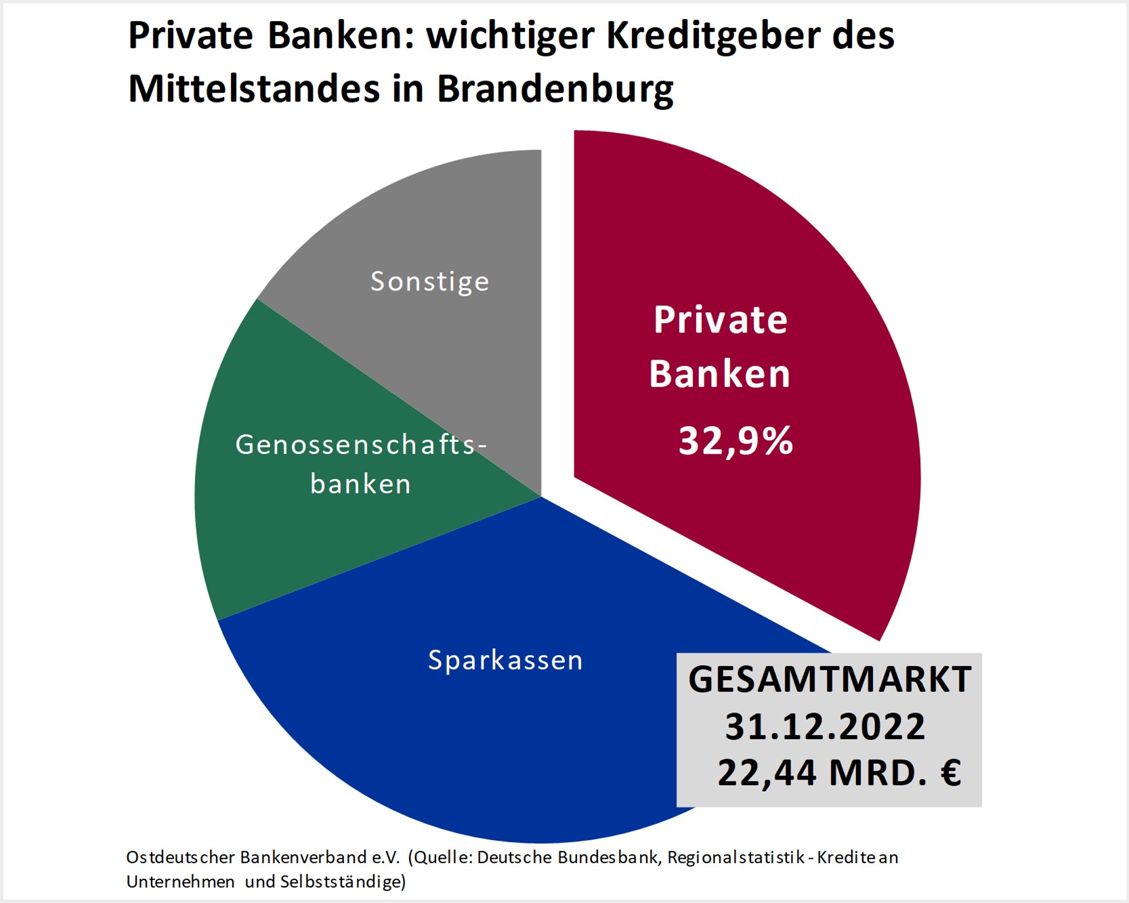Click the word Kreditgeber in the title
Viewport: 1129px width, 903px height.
[x=712, y=35]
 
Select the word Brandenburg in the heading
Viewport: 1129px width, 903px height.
[x=555, y=89]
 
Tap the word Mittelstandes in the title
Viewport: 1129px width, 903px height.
[x=254, y=88]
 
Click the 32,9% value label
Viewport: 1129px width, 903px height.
[x=736, y=441]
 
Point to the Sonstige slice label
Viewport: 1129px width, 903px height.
[x=429, y=282]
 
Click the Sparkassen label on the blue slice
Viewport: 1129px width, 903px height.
[x=505, y=660]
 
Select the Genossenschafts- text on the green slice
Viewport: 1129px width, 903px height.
[x=360, y=444]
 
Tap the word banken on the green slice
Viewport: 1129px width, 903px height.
[x=360, y=484]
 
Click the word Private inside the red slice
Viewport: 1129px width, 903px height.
[x=721, y=320]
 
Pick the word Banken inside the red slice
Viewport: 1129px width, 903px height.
[x=720, y=374]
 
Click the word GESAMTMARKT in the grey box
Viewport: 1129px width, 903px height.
[x=830, y=679]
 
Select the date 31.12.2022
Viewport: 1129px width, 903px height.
[x=825, y=727]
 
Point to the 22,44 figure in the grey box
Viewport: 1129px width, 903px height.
[x=767, y=772]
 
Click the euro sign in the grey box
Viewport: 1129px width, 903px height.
[x=951, y=772]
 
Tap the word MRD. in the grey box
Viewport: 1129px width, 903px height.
[x=878, y=772]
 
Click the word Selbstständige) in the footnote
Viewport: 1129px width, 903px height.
[x=343, y=882]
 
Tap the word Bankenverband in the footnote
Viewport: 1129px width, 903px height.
[x=303, y=858]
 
